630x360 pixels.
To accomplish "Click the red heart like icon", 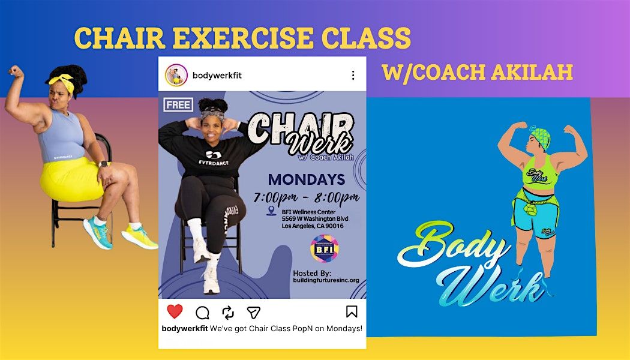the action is (x=175, y=311).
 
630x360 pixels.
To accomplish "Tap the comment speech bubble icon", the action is (x=203, y=313).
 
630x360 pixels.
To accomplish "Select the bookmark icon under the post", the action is (x=352, y=311).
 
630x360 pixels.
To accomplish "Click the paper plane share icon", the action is (x=254, y=312).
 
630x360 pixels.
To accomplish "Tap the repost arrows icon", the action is (x=228, y=313).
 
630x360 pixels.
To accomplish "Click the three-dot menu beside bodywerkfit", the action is (x=353, y=75).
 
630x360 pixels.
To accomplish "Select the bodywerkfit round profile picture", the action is (x=176, y=75).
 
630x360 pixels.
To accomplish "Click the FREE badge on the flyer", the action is (x=178, y=105).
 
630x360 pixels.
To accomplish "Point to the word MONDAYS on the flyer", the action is (x=306, y=179).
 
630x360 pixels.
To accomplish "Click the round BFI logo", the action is (x=324, y=249).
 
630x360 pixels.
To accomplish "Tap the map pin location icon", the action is (x=272, y=211).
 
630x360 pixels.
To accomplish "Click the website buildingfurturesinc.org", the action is (x=326, y=280).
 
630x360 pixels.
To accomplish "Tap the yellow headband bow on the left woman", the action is (x=62, y=82).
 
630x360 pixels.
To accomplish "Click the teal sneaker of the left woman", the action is (x=98, y=232).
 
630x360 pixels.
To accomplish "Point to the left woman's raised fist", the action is (x=16, y=71).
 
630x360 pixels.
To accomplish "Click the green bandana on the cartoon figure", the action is (x=541, y=137).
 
